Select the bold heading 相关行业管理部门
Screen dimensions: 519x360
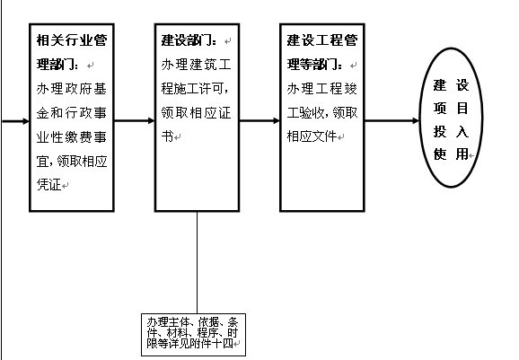72,52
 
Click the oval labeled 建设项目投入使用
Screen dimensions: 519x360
451,118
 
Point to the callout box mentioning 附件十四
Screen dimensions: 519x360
193,335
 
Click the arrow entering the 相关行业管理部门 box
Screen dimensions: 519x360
14,121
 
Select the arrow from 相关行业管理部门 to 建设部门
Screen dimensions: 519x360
135,121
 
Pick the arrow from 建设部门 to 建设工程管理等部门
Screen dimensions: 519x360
259,121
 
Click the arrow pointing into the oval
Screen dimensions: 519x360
391,121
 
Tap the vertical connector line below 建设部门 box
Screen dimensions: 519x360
198,262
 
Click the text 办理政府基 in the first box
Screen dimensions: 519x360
72,89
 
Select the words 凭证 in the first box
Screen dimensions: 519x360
49,185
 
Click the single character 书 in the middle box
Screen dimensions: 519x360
168,136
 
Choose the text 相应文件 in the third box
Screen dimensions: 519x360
312,136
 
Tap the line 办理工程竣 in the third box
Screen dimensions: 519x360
322,89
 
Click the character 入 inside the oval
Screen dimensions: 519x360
462,131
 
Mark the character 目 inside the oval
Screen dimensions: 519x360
462,108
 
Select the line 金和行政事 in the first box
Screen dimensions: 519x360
72,113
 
